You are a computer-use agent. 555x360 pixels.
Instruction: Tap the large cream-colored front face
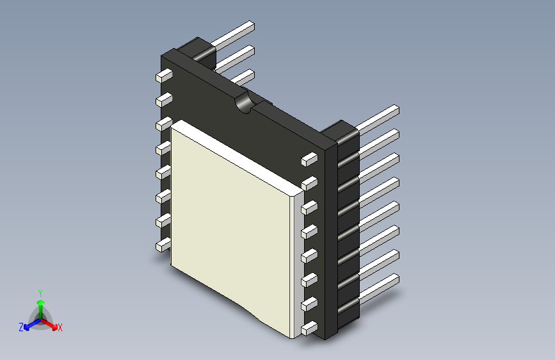coord(234,224)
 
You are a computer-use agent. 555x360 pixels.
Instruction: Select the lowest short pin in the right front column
coord(309,329)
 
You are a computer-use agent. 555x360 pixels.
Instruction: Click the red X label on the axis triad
coord(60,327)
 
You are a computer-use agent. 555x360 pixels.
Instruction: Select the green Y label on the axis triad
coord(40,291)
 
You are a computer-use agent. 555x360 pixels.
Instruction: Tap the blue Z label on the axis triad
coord(21,327)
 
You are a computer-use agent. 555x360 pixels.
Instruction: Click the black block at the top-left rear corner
coord(195,51)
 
